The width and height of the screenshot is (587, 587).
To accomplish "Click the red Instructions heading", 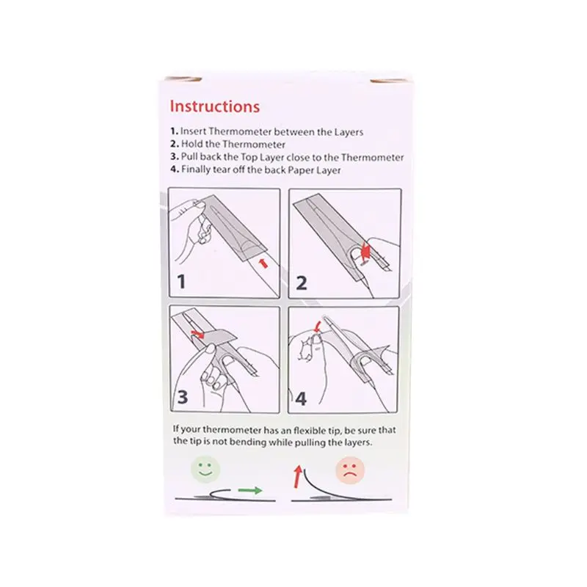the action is pyautogui.click(x=215, y=106).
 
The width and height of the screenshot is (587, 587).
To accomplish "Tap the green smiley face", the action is pyautogui.click(x=205, y=470).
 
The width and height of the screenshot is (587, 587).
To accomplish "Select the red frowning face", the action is pyautogui.click(x=350, y=471).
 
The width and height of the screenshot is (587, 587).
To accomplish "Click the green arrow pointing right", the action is pyautogui.click(x=250, y=490).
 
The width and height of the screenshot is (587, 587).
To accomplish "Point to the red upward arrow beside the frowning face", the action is pyautogui.click(x=298, y=476).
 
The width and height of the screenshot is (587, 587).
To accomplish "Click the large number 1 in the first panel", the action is pyautogui.click(x=181, y=282).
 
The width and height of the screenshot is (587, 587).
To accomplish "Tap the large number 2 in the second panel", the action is pyautogui.click(x=302, y=282).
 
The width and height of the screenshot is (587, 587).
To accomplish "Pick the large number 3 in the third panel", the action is pyautogui.click(x=183, y=397).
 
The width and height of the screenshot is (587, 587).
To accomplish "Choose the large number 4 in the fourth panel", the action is pyautogui.click(x=301, y=398).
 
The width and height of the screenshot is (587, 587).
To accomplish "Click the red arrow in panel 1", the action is pyautogui.click(x=263, y=263).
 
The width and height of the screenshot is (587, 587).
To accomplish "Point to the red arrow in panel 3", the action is pyautogui.click(x=197, y=335).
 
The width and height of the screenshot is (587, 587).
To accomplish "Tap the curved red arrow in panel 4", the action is pyautogui.click(x=318, y=326).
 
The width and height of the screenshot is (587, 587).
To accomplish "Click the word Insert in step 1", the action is pyautogui.click(x=193, y=131).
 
